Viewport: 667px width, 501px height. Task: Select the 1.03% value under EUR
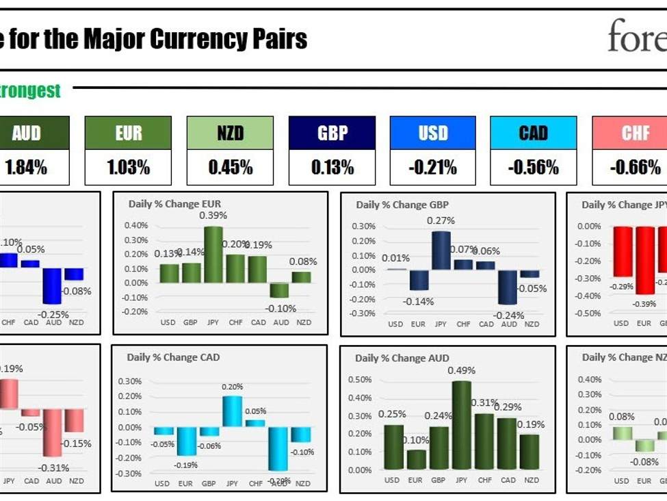click(128, 167)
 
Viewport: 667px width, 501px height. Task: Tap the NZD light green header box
click(230, 133)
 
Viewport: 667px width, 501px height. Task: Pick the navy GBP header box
click(332, 133)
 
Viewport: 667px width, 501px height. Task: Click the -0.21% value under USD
click(432, 167)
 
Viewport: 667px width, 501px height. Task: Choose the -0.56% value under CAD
click(533, 167)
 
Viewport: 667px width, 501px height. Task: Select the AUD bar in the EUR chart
click(278, 290)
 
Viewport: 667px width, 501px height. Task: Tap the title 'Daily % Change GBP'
click(402, 205)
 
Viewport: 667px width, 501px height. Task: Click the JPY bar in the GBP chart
click(441, 250)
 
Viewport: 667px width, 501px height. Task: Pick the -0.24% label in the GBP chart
click(508, 316)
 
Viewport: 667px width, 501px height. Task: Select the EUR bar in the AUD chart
click(415, 460)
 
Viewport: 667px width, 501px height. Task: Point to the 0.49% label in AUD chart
click(461, 370)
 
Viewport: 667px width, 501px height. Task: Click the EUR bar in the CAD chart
click(185, 441)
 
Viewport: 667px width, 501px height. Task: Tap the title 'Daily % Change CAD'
click(174, 357)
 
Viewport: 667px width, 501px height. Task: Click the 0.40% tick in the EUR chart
click(136, 225)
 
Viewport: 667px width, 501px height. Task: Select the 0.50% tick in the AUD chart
click(361, 379)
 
